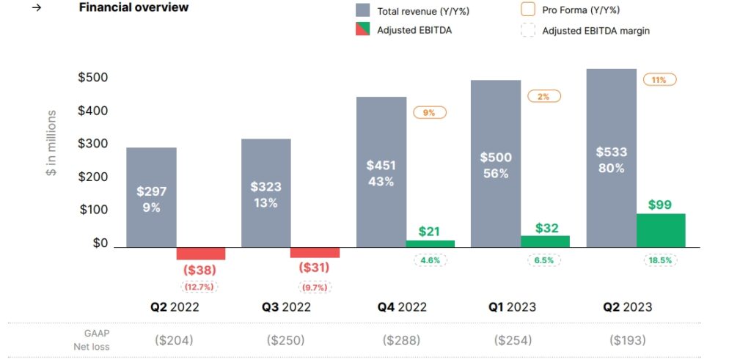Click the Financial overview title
[133, 8]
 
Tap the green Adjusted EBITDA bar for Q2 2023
[660, 230]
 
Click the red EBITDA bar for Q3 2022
[315, 252]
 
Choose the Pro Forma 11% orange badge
[659, 80]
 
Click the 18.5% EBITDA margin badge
[659, 260]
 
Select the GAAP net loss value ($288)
[402, 340]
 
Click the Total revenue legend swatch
[362, 11]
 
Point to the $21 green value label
[431, 231]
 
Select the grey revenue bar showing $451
[381, 172]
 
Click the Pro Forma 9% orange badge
[429, 113]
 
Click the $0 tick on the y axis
[100, 243]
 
